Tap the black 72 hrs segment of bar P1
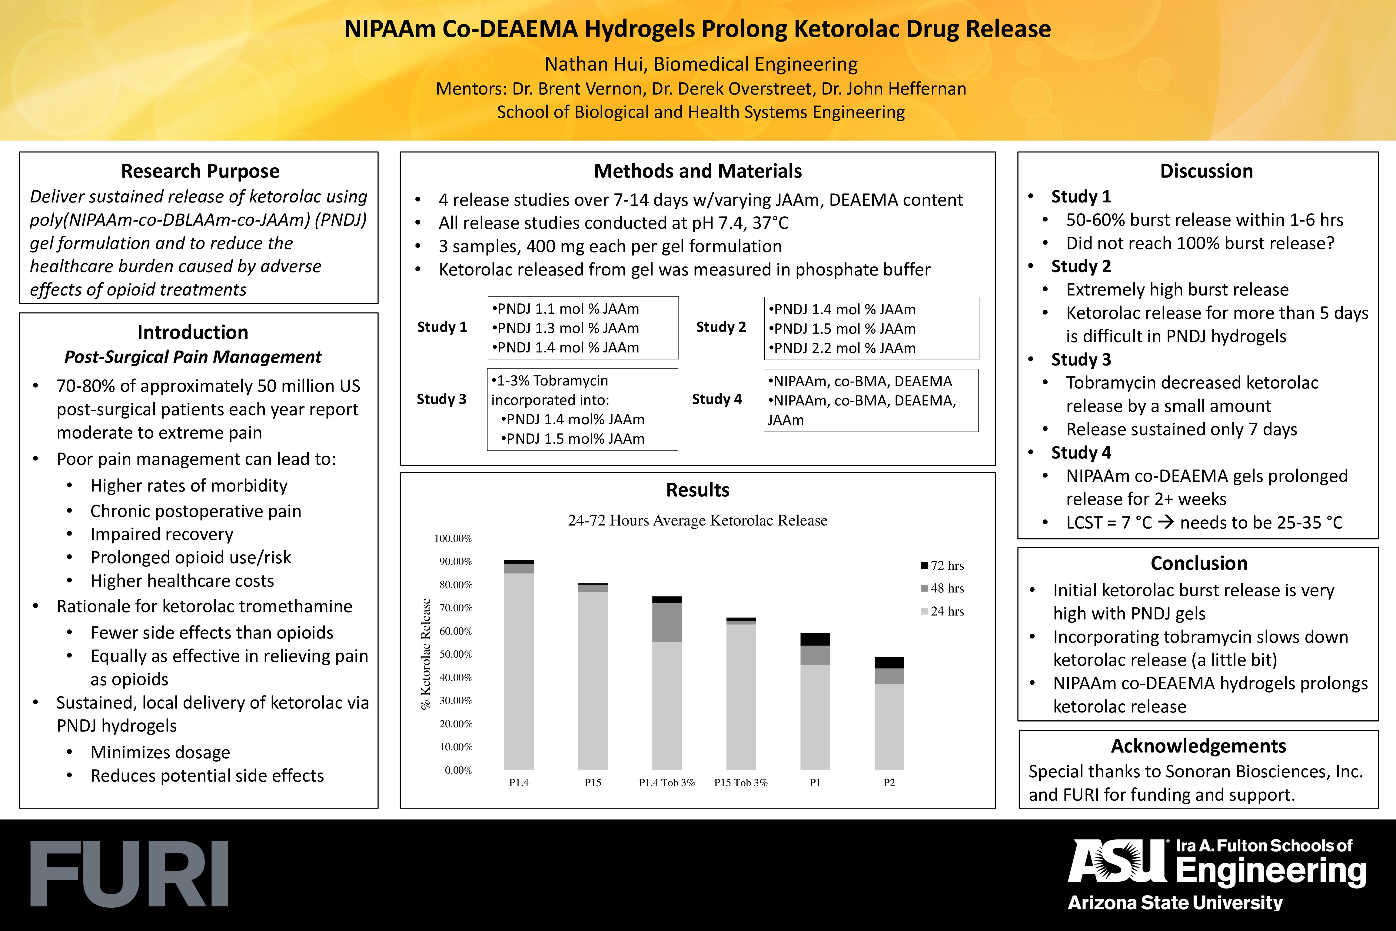[815, 639]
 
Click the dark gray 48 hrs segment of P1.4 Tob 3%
[666, 622]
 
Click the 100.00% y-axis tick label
[453, 539]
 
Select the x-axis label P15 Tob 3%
[741, 783]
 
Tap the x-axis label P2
[889, 783]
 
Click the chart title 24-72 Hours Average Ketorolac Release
[697, 521]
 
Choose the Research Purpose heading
[200, 171]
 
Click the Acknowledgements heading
[1198, 746]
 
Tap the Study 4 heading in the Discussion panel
[1081, 452]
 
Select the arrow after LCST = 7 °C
[1166, 522]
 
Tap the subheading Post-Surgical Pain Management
[193, 357]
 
